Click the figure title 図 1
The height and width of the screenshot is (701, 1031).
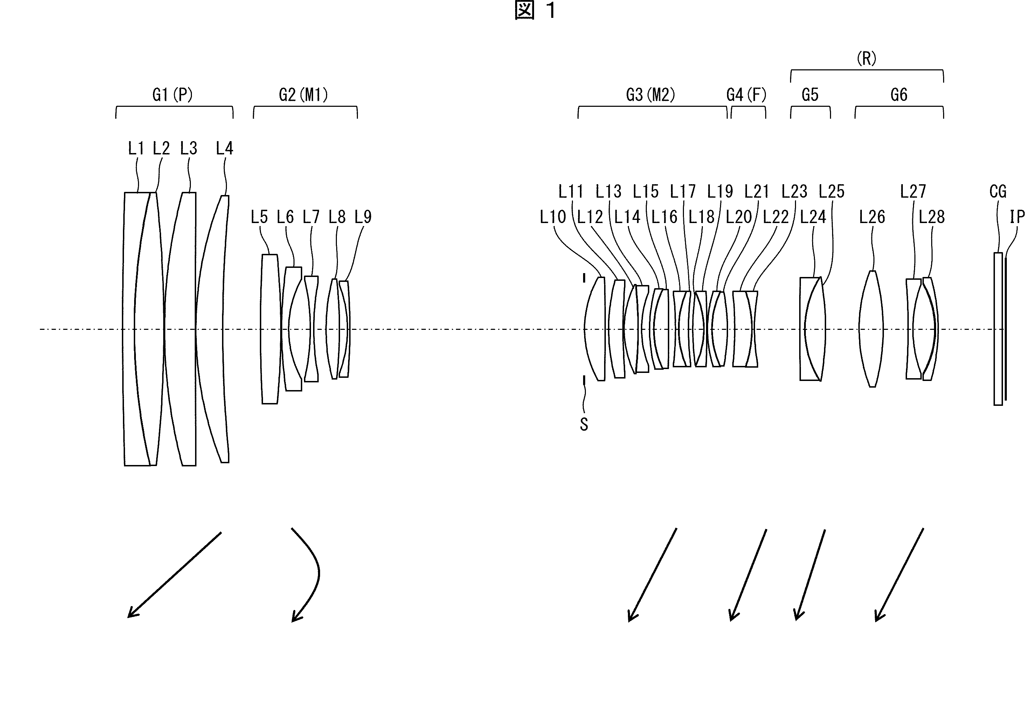click(x=535, y=11)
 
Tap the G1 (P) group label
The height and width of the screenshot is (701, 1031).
click(x=173, y=95)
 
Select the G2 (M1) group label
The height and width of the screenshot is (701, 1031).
click(x=303, y=95)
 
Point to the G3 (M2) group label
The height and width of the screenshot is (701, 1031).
click(x=650, y=95)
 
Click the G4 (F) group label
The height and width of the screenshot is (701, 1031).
click(x=746, y=95)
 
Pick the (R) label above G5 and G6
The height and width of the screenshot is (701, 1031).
click(x=866, y=58)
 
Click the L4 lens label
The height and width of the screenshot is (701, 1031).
click(x=224, y=148)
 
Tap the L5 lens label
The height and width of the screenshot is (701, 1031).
click(x=260, y=217)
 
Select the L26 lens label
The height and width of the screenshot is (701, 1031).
click(x=872, y=217)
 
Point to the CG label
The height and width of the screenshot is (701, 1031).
click(x=998, y=192)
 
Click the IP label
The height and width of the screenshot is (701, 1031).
click(x=1017, y=217)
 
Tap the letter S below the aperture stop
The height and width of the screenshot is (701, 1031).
click(x=584, y=425)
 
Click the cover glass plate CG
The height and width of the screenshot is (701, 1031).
click(x=998, y=329)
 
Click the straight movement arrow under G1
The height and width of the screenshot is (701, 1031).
click(x=174, y=575)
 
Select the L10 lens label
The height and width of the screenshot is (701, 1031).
click(x=553, y=217)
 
